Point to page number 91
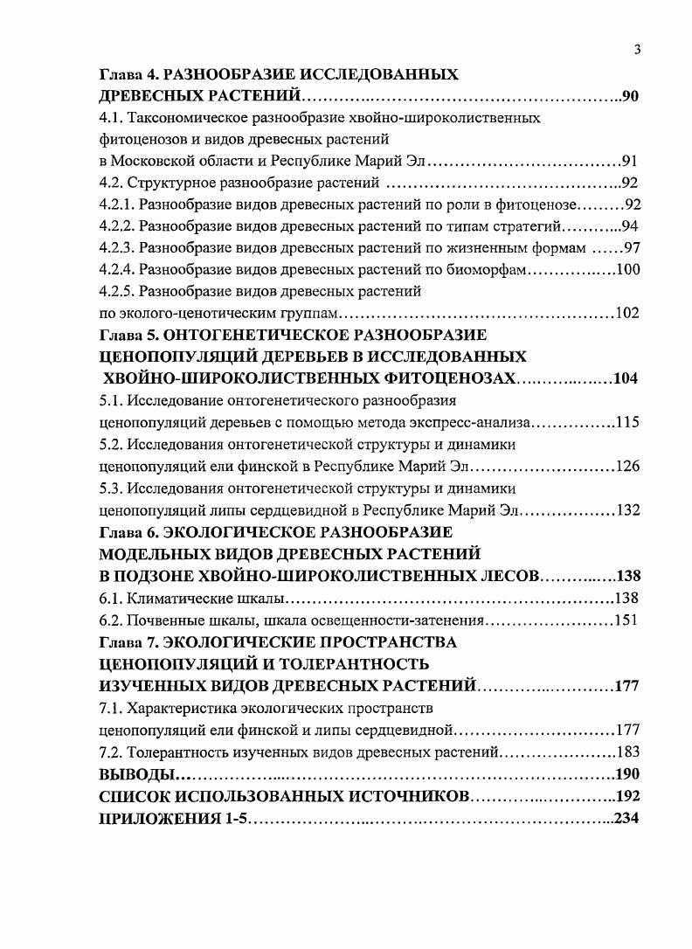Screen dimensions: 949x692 631,162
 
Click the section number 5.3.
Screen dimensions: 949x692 111,488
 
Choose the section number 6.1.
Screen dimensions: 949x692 111,599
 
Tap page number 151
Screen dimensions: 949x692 626,620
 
